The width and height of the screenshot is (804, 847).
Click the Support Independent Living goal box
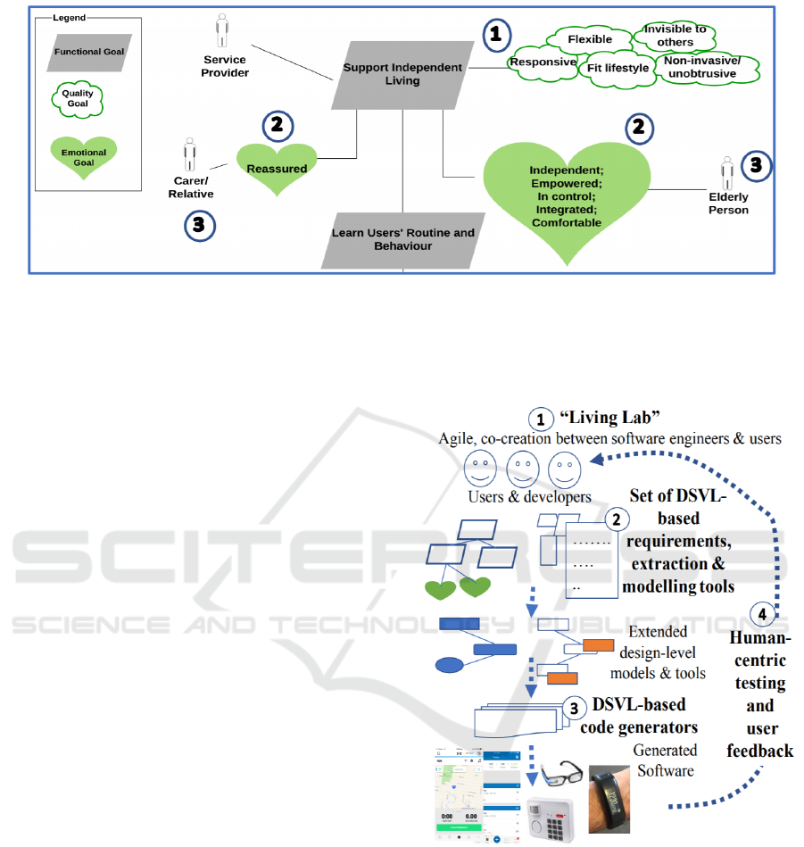pyautogui.click(x=403, y=74)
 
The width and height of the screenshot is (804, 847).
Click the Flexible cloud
pyautogui.click(x=590, y=39)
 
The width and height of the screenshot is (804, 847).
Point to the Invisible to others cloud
pyautogui.click(x=676, y=35)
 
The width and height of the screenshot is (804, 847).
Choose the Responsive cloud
pyautogui.click(x=542, y=63)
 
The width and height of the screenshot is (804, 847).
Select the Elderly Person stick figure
pyautogui.click(x=728, y=172)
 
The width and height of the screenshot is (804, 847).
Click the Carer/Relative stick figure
pyautogui.click(x=189, y=155)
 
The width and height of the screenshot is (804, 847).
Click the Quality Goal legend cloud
pyautogui.click(x=77, y=97)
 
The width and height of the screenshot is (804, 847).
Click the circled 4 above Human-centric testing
pyautogui.click(x=761, y=614)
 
